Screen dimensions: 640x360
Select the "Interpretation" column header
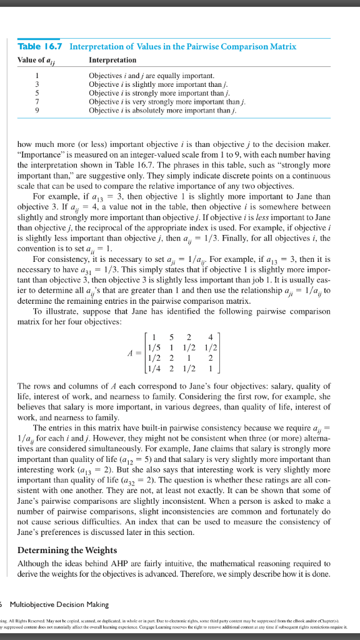pyautogui.click(x=112, y=60)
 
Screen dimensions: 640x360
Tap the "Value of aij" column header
pyautogui.click(x=39, y=60)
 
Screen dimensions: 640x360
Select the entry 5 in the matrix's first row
pyautogui.click(x=170, y=333)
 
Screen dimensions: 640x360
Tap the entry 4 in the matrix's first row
pyautogui.click(x=209, y=333)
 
